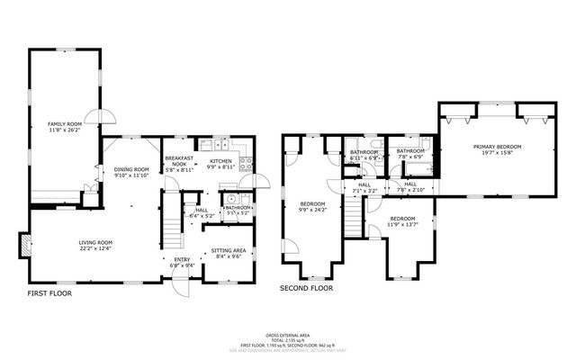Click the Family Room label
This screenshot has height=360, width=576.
(65, 123)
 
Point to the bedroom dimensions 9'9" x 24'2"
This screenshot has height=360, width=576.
(311, 210)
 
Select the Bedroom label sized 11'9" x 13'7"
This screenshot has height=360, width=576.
(401, 220)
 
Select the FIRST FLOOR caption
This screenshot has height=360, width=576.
(49, 293)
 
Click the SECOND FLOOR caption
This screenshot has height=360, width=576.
(306, 289)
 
